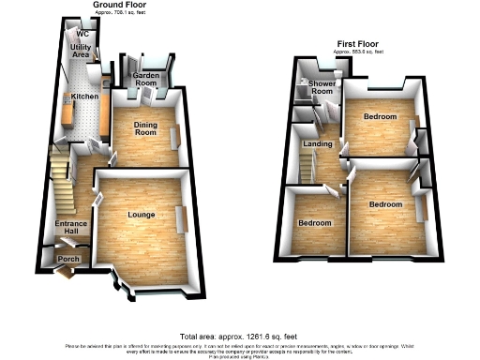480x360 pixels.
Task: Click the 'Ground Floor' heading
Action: tap(124, 5)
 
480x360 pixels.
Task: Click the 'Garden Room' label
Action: tap(144, 80)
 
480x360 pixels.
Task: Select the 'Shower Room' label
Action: tap(322, 88)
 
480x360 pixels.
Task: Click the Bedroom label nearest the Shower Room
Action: tap(380, 117)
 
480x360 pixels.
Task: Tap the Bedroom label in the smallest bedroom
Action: tap(314, 223)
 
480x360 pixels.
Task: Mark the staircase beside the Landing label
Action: tap(307, 169)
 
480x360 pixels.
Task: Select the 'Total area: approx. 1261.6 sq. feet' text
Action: tap(240, 336)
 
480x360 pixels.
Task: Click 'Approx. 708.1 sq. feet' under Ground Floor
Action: tap(124, 13)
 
